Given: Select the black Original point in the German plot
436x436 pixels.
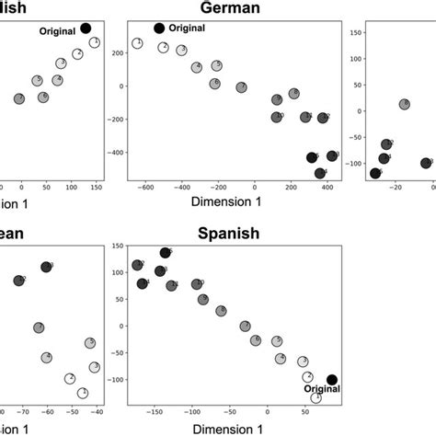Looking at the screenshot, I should (x=159, y=29).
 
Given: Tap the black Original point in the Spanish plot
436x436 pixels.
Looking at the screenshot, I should (x=332, y=379).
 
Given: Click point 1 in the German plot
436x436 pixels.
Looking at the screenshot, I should (x=137, y=43).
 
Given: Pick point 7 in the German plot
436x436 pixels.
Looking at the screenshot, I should (x=241, y=87).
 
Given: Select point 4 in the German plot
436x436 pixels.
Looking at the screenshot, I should (x=197, y=67).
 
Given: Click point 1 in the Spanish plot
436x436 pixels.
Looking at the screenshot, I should (x=316, y=397).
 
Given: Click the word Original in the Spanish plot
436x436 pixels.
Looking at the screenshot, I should (x=322, y=389).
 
